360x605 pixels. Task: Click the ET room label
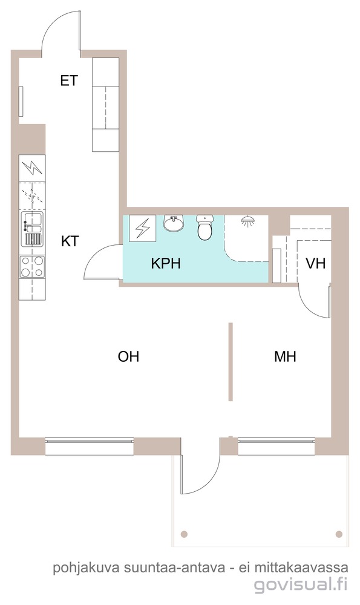(69, 80)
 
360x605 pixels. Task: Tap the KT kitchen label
(70, 241)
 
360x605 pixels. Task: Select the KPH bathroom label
(166, 264)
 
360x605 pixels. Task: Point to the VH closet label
(315, 264)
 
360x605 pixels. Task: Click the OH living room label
(128, 356)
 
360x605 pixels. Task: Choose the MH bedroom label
(285, 356)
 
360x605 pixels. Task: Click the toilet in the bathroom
(205, 227)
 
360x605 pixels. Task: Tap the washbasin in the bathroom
(173, 223)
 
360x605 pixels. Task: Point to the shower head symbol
(247, 220)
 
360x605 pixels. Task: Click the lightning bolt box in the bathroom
(142, 229)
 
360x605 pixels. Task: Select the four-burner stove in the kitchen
(32, 267)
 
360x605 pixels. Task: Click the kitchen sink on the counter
(33, 229)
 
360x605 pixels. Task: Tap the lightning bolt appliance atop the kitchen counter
(32, 168)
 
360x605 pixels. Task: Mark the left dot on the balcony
(185, 534)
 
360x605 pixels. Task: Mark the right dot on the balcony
(339, 534)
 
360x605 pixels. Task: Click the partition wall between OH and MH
(231, 362)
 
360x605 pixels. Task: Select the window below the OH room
(90, 446)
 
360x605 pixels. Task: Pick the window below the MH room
(277, 446)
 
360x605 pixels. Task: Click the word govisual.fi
(301, 584)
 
